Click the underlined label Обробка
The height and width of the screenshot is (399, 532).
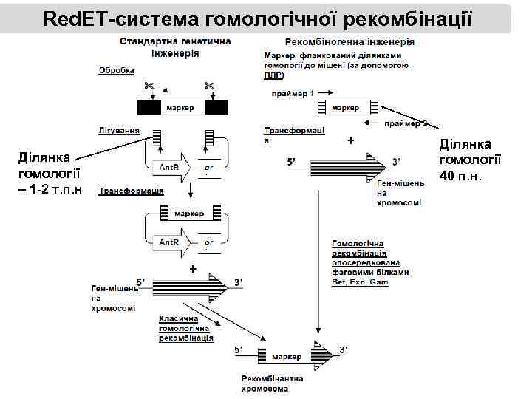click(x=117, y=71)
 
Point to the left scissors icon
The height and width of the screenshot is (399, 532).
click(x=150, y=86)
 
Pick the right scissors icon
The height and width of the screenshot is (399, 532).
click(x=209, y=86)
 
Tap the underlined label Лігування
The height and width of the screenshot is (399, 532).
click(x=119, y=130)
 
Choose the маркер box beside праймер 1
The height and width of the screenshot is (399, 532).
click(x=345, y=108)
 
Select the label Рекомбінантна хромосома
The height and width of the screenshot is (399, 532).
click(x=271, y=383)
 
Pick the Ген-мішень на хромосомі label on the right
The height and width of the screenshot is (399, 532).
click(x=400, y=192)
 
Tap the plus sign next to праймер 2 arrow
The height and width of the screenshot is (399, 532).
click(x=350, y=140)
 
